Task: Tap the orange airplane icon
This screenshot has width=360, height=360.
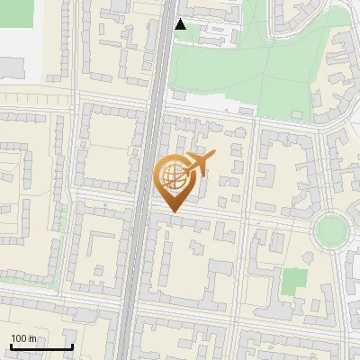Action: point(199,163)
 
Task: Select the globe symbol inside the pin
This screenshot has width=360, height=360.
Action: point(173,177)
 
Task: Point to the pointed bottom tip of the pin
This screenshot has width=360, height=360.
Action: point(173,211)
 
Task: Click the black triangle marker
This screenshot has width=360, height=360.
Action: point(180,24)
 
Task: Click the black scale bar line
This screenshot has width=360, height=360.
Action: point(40,346)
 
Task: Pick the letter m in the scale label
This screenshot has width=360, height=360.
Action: point(32,338)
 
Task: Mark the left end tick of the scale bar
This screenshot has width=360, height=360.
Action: point(10,346)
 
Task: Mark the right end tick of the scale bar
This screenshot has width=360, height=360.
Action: point(72,346)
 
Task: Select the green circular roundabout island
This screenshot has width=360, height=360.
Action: point(331,230)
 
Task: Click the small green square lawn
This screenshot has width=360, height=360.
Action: point(293,281)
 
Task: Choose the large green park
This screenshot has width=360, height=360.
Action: point(243,63)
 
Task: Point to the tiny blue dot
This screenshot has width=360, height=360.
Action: point(105,205)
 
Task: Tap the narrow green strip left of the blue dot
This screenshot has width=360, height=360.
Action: point(64,216)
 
